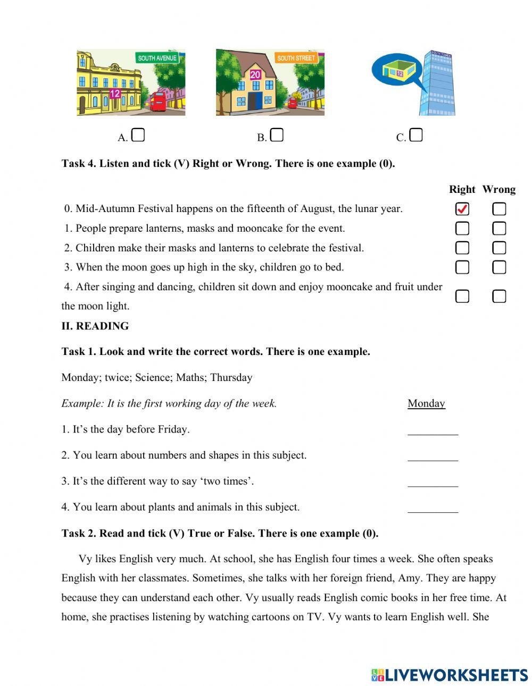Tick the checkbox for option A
(x=138, y=135)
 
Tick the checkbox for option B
(x=277, y=135)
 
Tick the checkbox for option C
(x=417, y=135)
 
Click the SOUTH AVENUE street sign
(x=157, y=58)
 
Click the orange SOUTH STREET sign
(x=296, y=58)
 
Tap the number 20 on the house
(x=255, y=75)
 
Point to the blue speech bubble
(x=396, y=70)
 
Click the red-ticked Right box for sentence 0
(x=462, y=209)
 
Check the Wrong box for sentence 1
(x=499, y=228)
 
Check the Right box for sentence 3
(x=462, y=267)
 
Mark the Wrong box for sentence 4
(x=499, y=296)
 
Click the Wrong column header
(x=498, y=189)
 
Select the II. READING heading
(x=95, y=326)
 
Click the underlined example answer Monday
(x=426, y=403)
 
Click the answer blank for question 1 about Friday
(x=433, y=430)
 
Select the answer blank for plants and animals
(x=433, y=508)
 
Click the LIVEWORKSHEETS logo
(x=450, y=675)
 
